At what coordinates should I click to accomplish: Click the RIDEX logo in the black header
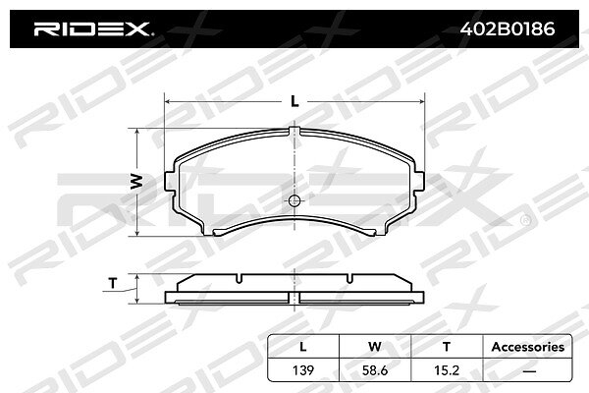(x=92, y=28)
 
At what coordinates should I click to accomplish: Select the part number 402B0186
(x=508, y=28)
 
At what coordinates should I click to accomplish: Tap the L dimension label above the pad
(x=294, y=101)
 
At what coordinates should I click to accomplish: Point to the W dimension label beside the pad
(x=136, y=182)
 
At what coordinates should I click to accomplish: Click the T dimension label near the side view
(x=113, y=283)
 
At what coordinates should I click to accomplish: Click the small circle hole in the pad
(x=294, y=200)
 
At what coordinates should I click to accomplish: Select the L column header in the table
(x=303, y=347)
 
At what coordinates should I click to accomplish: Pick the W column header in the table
(x=375, y=347)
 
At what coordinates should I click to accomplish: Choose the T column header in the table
(x=447, y=347)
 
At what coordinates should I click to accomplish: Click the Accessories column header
(x=528, y=347)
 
